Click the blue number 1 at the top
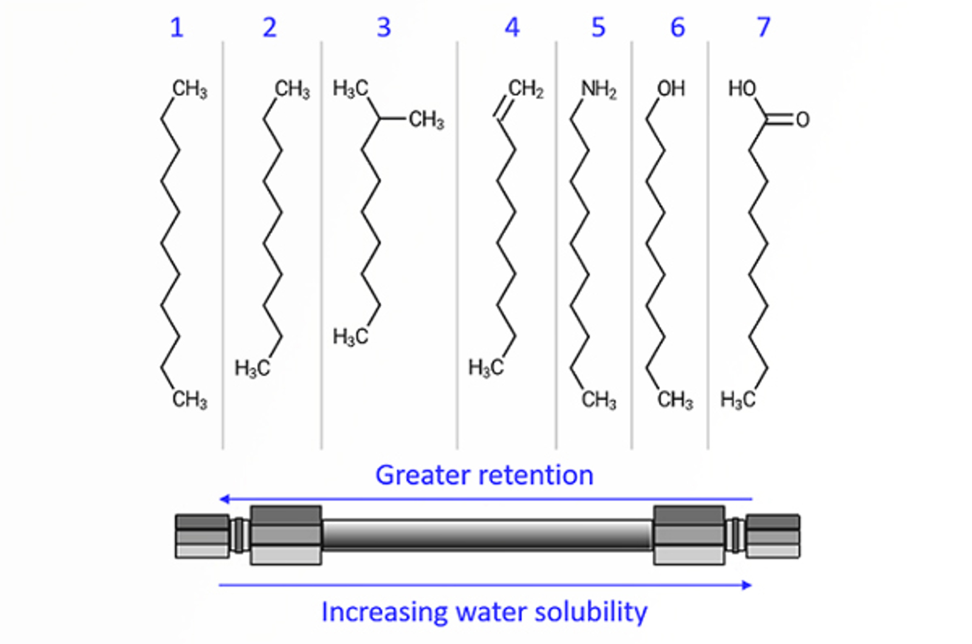176,28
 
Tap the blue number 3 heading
383,28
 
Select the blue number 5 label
598,28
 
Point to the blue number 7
763,28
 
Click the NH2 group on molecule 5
598,89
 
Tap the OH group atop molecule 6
671,89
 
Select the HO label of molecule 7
742,89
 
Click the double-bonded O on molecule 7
803,120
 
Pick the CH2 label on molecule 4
525,89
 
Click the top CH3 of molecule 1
190,89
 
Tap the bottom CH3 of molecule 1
190,400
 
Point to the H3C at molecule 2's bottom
252,368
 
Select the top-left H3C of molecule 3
351,89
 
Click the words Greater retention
484,475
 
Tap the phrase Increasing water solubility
484,612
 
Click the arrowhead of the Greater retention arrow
224,499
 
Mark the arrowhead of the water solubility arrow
748,585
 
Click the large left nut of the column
286,535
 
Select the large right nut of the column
689,535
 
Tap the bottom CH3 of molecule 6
675,400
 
